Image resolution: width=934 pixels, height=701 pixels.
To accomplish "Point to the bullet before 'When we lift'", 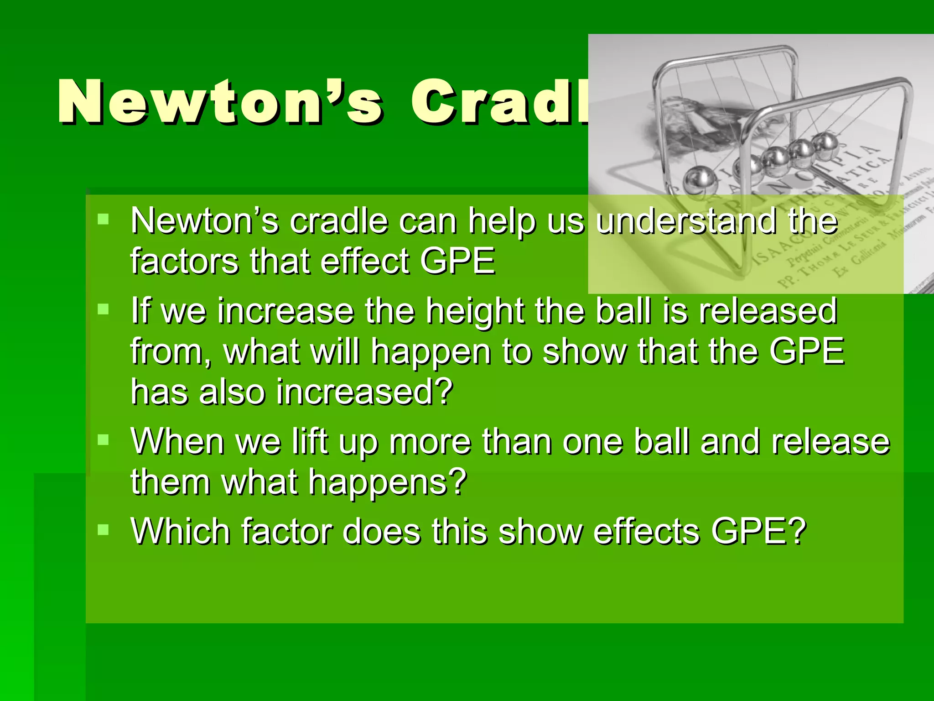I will click(104, 440).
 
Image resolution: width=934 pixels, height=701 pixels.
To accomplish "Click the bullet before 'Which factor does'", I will click(104, 530).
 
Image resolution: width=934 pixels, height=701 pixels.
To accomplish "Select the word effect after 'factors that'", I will click(365, 261).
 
